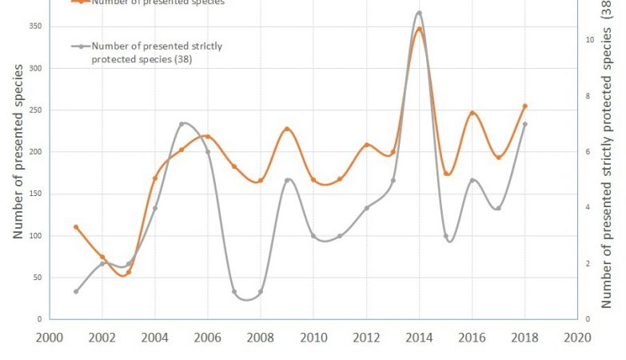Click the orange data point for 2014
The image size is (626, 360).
click(419, 30)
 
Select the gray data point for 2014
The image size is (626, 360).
click(419, 13)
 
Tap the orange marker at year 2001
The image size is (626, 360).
click(76, 227)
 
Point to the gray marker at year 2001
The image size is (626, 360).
click(76, 291)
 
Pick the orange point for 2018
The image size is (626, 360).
click(524, 106)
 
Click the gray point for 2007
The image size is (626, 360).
click(234, 292)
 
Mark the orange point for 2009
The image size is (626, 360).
click(287, 129)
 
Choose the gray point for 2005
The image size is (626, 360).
click(181, 124)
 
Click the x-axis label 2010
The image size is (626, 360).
click(313, 338)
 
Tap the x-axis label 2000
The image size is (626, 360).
click(50, 338)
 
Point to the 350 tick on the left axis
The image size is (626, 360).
click(33, 26)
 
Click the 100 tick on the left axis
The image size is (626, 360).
click(33, 236)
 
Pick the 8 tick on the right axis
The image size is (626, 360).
click(588, 96)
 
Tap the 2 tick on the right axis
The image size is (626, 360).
click(588, 264)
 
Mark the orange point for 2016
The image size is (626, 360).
click(472, 114)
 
